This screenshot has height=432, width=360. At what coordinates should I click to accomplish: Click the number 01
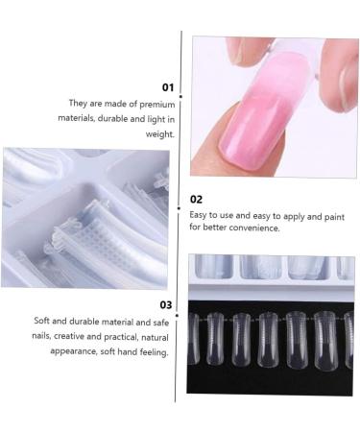[x=167, y=85]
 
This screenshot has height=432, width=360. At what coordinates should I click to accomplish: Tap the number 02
[x=196, y=199]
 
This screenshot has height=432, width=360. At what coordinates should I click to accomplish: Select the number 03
[x=165, y=303]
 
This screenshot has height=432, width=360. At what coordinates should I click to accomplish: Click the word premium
[x=156, y=103]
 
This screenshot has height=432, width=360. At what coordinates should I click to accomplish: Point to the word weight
[x=160, y=134]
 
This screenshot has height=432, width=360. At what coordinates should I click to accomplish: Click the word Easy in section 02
[x=200, y=215]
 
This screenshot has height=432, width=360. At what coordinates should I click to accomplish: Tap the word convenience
[x=252, y=228]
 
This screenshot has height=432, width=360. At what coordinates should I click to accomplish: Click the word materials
[x=90, y=119]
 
